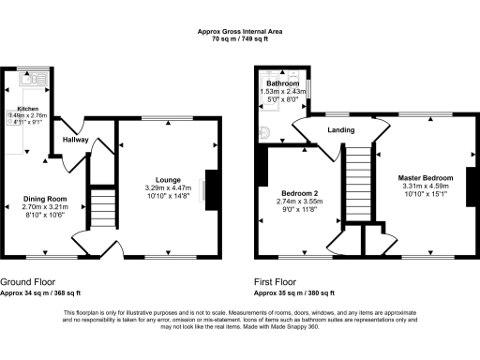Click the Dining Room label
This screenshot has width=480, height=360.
[x=46, y=199]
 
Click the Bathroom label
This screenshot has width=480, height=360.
[x=281, y=83]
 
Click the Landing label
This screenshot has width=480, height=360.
[x=338, y=130]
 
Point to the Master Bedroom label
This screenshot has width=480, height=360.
[x=424, y=177]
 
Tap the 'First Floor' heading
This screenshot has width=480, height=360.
[x=277, y=279]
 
